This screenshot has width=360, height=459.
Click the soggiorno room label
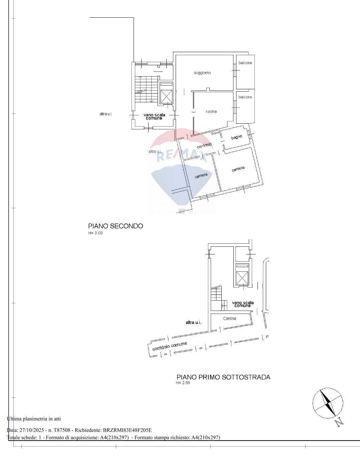202,73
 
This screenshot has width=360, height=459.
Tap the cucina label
211,112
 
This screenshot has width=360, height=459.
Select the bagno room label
236,137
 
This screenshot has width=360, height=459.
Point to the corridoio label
204,146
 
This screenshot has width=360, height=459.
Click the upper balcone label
245,63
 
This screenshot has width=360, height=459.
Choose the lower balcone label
245,97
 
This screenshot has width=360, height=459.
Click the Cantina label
229,319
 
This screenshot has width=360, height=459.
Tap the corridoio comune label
169,346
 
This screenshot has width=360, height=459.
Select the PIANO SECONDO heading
115,226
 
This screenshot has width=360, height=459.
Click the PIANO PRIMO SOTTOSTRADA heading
223,377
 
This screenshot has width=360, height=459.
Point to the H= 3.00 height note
95,233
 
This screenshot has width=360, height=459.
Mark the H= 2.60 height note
183,383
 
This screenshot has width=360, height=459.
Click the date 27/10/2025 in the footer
30,430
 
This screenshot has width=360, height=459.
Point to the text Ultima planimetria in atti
34,419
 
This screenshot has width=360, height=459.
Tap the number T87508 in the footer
61,430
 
